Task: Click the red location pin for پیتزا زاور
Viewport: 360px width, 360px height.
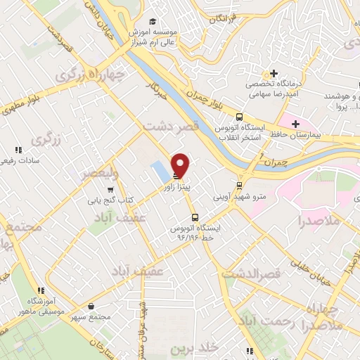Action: click(181, 165)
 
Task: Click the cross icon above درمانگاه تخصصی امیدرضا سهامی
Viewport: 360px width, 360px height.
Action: click(274, 73)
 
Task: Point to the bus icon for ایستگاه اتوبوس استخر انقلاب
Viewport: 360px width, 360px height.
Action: click(240, 117)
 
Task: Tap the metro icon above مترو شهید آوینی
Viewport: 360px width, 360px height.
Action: click(240, 186)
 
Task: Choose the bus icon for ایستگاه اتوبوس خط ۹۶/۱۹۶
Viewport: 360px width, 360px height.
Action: click(195, 217)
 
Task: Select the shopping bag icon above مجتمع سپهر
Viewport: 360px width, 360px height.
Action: click(92, 307)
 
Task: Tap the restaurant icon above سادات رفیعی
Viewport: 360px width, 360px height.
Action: click(19, 149)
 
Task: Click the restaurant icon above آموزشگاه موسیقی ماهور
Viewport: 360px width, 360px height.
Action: click(41, 290)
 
